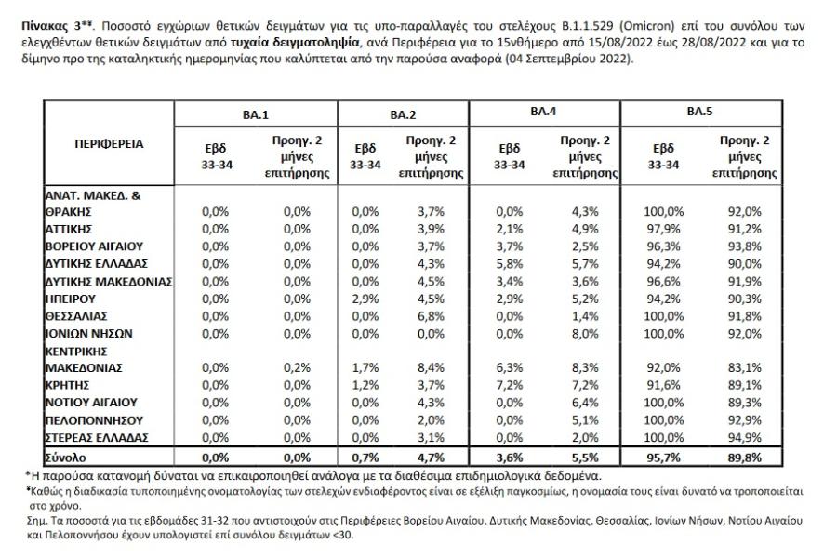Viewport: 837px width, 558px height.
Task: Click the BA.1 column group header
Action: [256, 114]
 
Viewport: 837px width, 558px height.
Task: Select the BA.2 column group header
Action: [403, 114]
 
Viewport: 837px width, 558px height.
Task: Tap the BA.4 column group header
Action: [543, 111]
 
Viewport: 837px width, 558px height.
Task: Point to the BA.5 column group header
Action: [699, 111]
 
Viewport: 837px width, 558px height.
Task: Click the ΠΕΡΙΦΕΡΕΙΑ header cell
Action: [109, 143]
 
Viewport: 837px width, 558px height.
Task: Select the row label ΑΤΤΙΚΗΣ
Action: [68, 229]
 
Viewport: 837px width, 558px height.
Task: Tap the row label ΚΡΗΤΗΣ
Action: [67, 385]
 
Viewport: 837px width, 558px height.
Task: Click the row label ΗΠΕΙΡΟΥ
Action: [70, 299]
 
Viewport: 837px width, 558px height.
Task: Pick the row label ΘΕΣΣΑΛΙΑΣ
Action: [76, 316]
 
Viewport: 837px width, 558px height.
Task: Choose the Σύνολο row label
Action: [65, 458]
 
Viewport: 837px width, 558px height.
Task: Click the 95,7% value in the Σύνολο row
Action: [663, 458]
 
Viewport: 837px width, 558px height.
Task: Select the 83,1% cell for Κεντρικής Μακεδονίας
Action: [745, 368]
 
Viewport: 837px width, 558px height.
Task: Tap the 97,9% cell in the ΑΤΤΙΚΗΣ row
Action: [663, 229]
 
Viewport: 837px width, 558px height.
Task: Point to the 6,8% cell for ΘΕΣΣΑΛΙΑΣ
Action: [431, 316]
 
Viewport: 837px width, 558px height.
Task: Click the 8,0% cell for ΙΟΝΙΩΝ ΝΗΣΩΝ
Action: [585, 334]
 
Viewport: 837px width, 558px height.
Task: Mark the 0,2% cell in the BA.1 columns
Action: [297, 368]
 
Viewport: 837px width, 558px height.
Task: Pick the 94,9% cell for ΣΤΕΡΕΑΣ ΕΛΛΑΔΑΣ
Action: [745, 438]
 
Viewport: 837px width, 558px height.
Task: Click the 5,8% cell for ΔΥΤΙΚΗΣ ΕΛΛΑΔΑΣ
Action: [510, 264]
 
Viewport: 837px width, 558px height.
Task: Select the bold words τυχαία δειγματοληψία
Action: [295, 43]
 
